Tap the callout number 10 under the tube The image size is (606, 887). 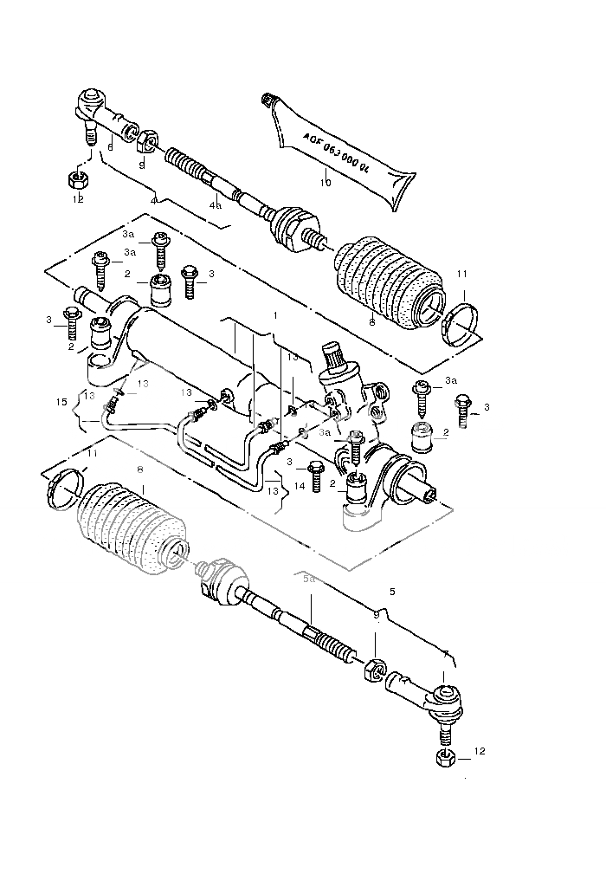point(326,183)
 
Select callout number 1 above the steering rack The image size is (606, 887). point(275,316)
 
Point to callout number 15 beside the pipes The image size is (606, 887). point(61,402)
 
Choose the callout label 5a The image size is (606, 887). point(309,579)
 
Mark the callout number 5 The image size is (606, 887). point(392,592)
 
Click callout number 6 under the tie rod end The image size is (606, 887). point(110,147)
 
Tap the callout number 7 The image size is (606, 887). point(445,656)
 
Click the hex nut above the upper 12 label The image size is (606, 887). point(76,179)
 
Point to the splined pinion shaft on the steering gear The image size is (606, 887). point(336,354)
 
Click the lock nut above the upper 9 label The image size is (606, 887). point(147,139)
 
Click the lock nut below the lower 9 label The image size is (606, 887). point(373,670)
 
